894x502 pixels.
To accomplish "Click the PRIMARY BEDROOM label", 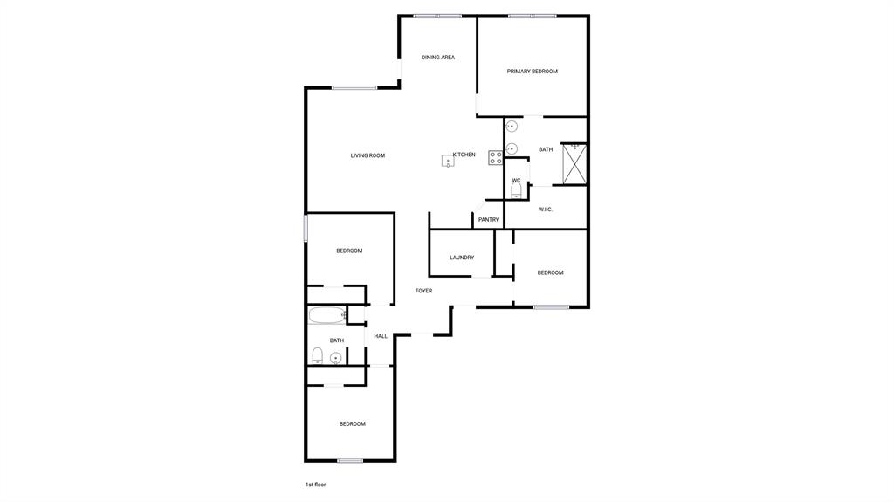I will click(x=532, y=72).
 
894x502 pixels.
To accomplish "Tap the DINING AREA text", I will click(x=438, y=58).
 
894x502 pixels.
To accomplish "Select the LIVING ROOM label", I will click(x=368, y=155).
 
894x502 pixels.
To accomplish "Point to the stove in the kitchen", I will click(x=495, y=158).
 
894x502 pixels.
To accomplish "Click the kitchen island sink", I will click(x=448, y=161).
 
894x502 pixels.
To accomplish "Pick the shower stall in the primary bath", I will click(x=574, y=163).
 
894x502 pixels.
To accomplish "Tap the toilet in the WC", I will click(x=516, y=189).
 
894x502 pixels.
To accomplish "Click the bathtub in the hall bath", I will click(x=327, y=315).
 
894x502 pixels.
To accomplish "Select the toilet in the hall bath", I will click(x=318, y=355).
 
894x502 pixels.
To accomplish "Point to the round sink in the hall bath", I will click(x=335, y=357).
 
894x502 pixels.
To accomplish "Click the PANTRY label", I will click(x=488, y=220).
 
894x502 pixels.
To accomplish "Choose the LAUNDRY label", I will click(x=462, y=258).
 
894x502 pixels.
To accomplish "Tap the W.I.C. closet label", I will click(x=546, y=210).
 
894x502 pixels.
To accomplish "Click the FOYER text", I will click(x=423, y=291).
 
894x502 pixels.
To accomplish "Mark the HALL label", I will click(x=381, y=336).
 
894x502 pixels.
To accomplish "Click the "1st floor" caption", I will click(x=315, y=484).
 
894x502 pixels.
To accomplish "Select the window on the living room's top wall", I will click(x=354, y=87).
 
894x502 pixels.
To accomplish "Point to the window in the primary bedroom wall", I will click(x=533, y=16).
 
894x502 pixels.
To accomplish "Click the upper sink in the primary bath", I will click(x=512, y=127).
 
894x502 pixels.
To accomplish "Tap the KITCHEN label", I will click(x=464, y=155).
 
